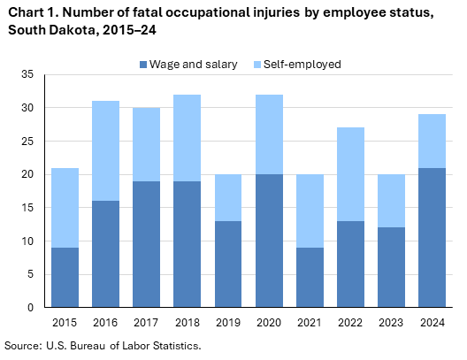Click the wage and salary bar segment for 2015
pos(65,277)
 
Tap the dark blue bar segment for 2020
pos(269,241)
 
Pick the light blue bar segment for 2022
pos(350,174)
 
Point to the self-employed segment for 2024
pos(432,141)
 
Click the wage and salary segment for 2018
pos(187,244)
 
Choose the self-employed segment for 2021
pos(310,211)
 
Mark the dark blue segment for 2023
pos(391,267)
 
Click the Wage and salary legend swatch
pos(143,65)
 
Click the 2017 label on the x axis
pos(146,322)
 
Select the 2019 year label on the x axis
pos(227,322)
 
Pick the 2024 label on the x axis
pos(432,322)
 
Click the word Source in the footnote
pos(24,345)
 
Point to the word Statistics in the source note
pos(173,345)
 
